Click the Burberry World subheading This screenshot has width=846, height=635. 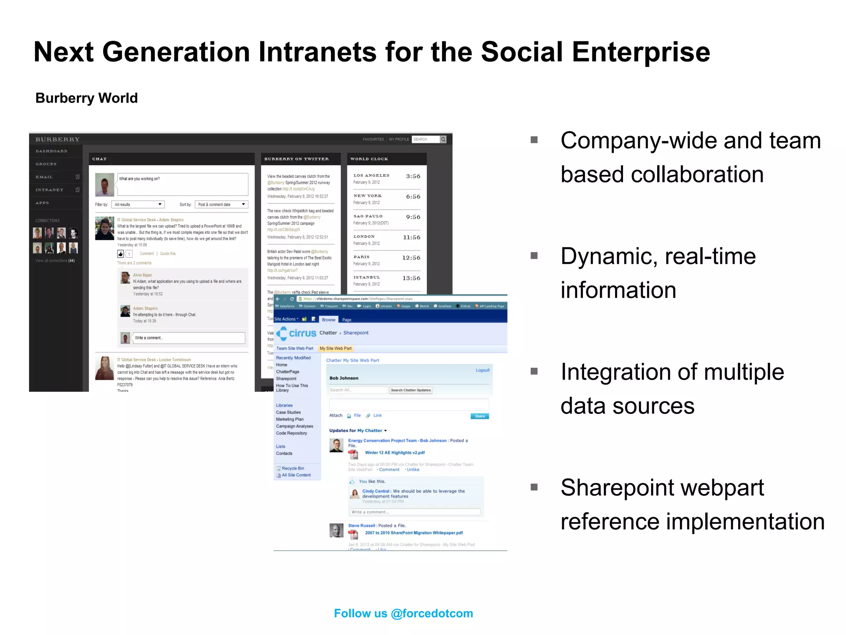86,98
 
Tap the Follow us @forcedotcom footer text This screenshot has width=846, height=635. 403,613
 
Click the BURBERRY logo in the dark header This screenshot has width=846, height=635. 57,139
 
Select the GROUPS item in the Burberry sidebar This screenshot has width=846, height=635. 46,164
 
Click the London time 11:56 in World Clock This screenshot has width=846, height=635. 411,237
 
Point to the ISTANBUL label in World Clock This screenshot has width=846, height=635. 366,277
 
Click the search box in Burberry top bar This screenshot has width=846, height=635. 425,139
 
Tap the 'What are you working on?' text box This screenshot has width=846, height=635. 183,184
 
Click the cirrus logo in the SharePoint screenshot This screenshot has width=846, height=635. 297,333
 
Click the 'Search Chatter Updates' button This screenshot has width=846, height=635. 411,390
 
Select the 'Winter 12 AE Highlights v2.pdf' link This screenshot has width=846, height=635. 394,453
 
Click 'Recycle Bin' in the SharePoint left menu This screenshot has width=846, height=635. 292,468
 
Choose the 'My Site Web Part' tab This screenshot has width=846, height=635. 335,349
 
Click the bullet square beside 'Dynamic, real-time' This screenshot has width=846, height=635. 534,255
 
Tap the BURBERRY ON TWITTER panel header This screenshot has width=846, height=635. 297,159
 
